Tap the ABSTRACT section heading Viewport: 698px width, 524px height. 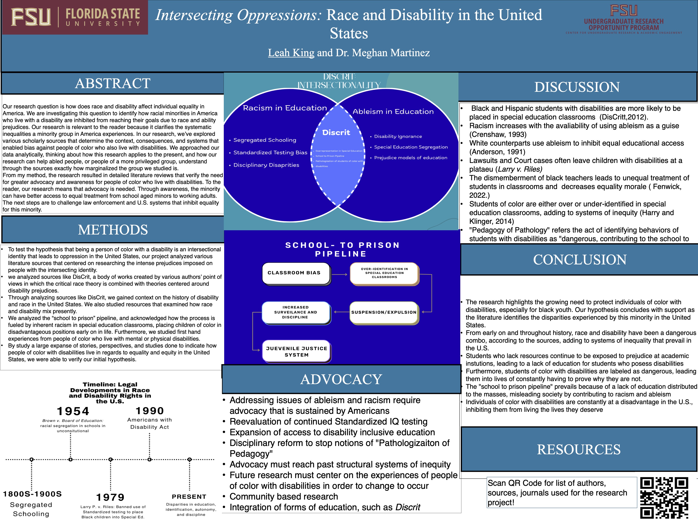pyautogui.click(x=113, y=83)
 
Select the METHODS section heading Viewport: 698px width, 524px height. pyautogui.click(x=113, y=230)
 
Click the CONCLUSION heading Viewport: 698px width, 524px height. pyautogui.click(x=580, y=260)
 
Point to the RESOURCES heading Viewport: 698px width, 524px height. pyautogui.click(x=579, y=449)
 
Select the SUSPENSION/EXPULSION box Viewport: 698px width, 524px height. pyautogui.click(x=384, y=312)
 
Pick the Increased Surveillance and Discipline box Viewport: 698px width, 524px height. pyautogui.click(x=296, y=312)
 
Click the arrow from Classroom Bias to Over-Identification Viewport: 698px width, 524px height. pyautogui.click(x=340, y=274)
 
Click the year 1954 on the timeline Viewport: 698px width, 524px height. pyautogui.click(x=73, y=411)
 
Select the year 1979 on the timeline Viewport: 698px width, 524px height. pyautogui.click(x=110, y=497)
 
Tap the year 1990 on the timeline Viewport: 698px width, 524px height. pyautogui.click(x=150, y=411)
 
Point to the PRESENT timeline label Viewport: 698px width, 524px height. pyautogui.click(x=189, y=497)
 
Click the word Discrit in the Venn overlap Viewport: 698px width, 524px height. pyautogui.click(x=336, y=132)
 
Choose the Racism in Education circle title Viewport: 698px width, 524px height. pyautogui.click(x=285, y=108)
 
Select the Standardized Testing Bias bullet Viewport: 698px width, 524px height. pyautogui.click(x=270, y=153)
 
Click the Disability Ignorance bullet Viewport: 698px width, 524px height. pyautogui.click(x=398, y=136)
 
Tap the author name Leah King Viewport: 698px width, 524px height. pyautogui.click(x=291, y=53)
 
